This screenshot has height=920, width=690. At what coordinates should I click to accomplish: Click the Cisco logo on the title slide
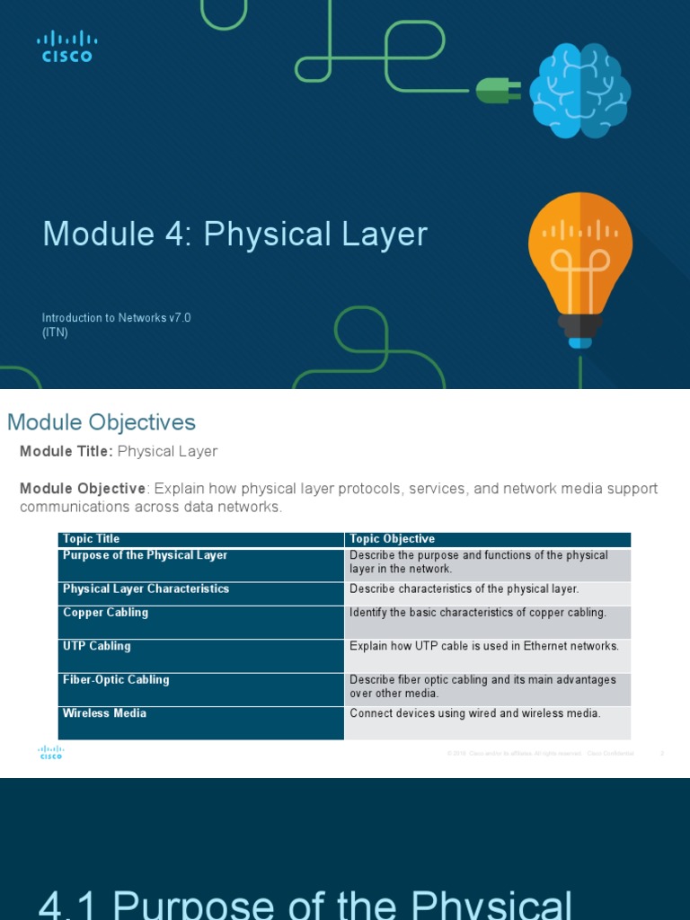tap(66, 46)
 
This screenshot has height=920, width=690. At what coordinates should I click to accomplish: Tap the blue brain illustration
tap(579, 91)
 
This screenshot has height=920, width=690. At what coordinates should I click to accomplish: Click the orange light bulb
tap(579, 265)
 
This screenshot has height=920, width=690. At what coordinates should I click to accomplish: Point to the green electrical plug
tap(498, 89)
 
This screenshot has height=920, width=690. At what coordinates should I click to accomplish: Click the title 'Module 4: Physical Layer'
tap(234, 234)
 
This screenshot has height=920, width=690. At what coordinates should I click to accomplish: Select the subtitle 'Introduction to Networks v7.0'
tap(116, 318)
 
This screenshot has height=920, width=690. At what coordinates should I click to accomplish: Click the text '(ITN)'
tap(55, 332)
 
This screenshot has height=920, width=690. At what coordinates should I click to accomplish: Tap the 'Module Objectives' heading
tap(101, 422)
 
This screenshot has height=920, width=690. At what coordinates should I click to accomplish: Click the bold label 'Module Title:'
tap(66, 451)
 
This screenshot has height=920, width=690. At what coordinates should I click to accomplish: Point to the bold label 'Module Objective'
tap(83, 489)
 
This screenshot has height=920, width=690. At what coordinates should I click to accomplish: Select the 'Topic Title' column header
tap(91, 539)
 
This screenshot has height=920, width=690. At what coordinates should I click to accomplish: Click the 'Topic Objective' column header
tap(392, 539)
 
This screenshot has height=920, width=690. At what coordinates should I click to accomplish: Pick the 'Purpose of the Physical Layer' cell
tap(145, 555)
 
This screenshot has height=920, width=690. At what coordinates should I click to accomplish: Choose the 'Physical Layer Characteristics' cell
tap(146, 589)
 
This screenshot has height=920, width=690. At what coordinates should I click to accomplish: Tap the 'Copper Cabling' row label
tap(105, 613)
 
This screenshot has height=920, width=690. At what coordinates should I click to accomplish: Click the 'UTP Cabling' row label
tap(96, 646)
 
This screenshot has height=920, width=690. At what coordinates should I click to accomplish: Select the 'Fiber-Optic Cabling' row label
tap(115, 679)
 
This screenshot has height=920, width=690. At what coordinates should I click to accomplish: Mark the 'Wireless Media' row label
tap(104, 713)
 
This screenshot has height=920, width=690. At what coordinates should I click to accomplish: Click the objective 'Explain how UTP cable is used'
tap(483, 646)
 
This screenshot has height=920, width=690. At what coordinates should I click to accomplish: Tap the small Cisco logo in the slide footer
tap(50, 753)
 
